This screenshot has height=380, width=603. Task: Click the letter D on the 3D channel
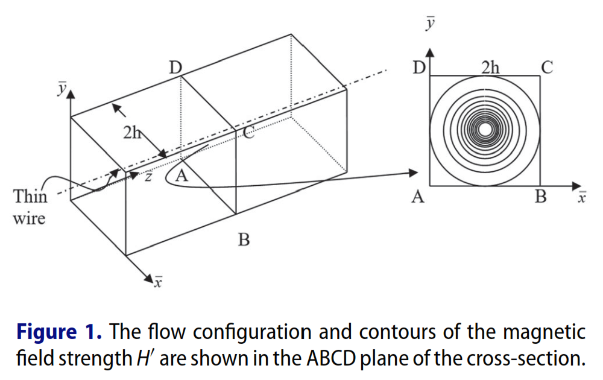(x=175, y=68)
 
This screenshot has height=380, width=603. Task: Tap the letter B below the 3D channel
(x=244, y=240)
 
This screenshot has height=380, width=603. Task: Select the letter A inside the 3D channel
(x=181, y=176)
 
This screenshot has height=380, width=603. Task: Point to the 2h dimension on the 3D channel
(x=132, y=133)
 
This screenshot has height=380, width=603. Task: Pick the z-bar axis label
(x=147, y=176)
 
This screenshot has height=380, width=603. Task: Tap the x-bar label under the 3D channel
(x=157, y=281)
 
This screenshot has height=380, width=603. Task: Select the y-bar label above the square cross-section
(x=429, y=23)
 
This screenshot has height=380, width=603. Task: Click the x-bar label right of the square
(x=581, y=197)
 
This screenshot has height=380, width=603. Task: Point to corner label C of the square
(x=546, y=67)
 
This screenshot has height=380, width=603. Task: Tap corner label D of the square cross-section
(x=418, y=67)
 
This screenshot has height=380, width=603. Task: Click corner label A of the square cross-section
(x=417, y=197)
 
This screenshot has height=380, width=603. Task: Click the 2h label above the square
(x=490, y=67)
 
